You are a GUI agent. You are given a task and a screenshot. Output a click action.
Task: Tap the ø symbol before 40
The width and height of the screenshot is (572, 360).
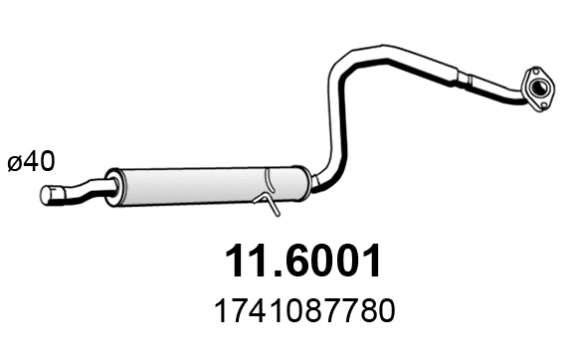(x=17, y=161)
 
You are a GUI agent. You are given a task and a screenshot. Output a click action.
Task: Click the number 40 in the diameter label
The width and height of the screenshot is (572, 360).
(x=41, y=160)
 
